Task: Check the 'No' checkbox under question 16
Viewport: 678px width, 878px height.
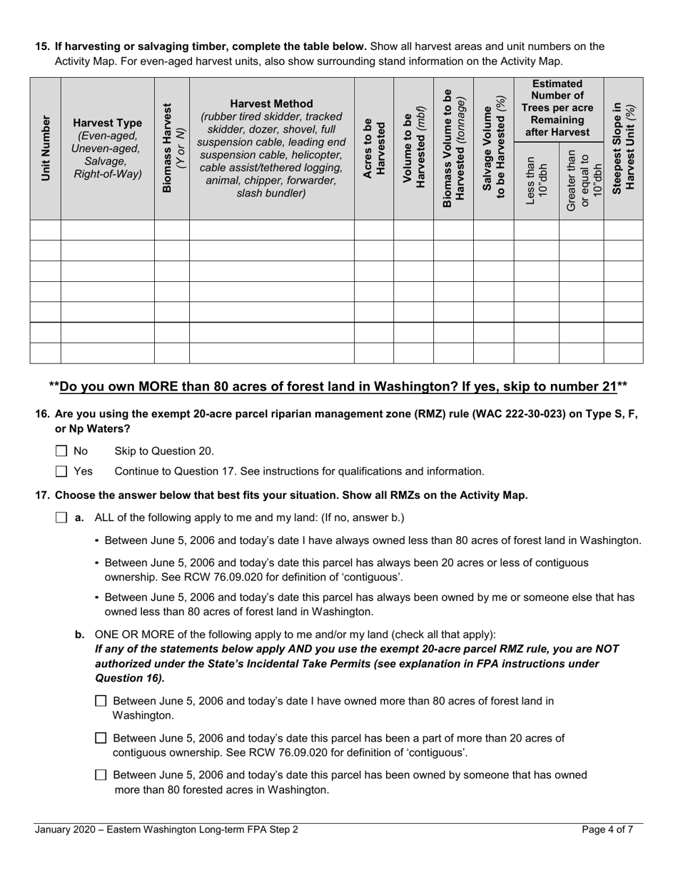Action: [61, 451]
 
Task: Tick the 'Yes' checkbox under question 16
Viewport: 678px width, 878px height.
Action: [61, 471]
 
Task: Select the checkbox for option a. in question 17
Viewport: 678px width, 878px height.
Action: [61, 518]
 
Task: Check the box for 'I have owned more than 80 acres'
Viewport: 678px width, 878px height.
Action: [101, 701]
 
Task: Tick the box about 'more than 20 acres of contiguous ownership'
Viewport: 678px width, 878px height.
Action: [101, 738]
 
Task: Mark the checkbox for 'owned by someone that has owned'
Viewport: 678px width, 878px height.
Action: [101, 775]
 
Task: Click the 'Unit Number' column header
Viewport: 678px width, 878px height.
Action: [46, 148]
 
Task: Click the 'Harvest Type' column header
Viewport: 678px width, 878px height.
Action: [108, 122]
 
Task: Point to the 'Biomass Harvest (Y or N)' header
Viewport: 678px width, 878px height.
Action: [172, 148]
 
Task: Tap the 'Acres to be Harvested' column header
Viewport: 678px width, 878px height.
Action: [374, 148]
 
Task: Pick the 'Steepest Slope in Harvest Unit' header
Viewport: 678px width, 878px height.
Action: [623, 148]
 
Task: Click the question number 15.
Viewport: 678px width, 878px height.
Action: [42, 46]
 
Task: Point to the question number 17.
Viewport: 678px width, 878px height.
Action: [42, 495]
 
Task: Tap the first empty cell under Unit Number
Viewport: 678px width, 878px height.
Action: [46, 231]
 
